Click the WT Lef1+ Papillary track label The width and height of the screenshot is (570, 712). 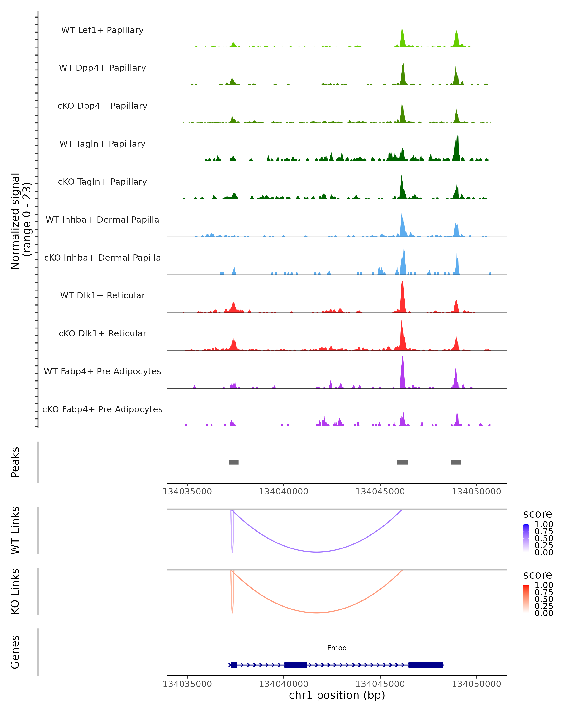pyautogui.click(x=102, y=30)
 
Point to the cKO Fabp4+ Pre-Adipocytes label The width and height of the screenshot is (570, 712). pyautogui.click(x=102, y=409)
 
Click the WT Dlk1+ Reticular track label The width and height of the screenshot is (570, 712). pyautogui.click(x=102, y=295)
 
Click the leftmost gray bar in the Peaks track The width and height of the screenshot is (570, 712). pyautogui.click(x=234, y=462)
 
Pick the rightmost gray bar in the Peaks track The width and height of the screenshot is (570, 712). pyautogui.click(x=456, y=462)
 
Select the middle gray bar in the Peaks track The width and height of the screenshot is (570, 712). pyautogui.click(x=402, y=462)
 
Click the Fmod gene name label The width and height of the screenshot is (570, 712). pyautogui.click(x=337, y=648)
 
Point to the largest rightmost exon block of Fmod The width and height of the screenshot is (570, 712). pyautogui.click(x=426, y=665)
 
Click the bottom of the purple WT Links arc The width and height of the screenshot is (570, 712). pyautogui.click(x=317, y=552)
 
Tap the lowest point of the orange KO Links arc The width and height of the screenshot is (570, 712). pyautogui.click(x=317, y=613)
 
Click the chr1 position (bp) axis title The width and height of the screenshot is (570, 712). pyautogui.click(x=337, y=695)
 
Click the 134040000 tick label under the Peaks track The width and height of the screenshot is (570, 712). pyautogui.click(x=284, y=492)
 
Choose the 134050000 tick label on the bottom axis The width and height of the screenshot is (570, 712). pyautogui.click(x=476, y=684)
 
